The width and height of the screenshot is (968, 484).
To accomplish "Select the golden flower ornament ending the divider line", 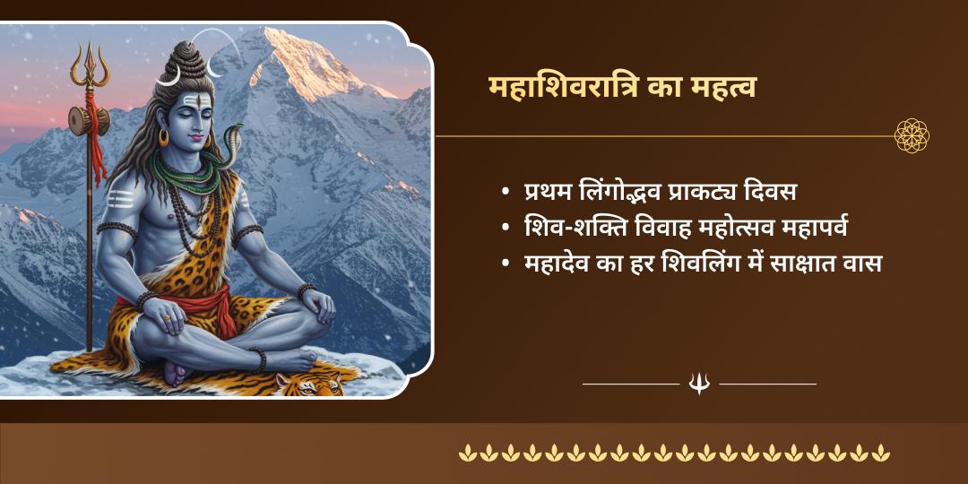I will [912, 136].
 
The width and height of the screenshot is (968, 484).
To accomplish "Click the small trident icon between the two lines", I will [699, 384].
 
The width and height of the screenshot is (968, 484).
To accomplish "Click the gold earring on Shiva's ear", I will [164, 138].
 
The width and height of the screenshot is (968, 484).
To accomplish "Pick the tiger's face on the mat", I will [307, 385].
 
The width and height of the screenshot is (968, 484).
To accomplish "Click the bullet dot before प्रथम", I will [507, 194].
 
